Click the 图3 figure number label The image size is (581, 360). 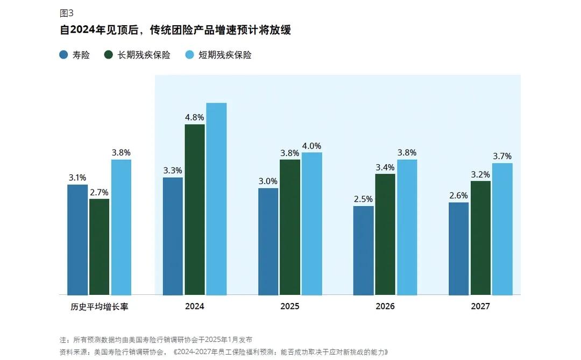[x=67, y=13]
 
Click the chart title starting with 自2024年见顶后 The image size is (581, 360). [x=175, y=30]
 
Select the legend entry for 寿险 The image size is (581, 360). [x=75, y=54]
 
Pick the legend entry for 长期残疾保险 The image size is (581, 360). [x=138, y=54]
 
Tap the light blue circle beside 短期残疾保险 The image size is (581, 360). [x=189, y=54]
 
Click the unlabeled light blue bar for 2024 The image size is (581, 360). [x=216, y=199]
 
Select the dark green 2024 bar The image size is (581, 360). [x=195, y=209]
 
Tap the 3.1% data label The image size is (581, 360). [x=77, y=178]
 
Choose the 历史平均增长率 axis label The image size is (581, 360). [x=99, y=307]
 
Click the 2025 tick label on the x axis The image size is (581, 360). [x=290, y=307]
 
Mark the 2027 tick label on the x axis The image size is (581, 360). [x=480, y=307]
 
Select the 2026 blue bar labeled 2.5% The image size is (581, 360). [x=363, y=250]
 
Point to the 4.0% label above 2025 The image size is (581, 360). [x=311, y=146]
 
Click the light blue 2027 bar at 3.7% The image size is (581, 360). [x=502, y=229]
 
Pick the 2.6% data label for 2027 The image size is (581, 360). [x=458, y=195]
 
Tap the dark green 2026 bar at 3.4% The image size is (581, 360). [x=385, y=234]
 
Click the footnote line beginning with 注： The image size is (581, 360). [x=155, y=340]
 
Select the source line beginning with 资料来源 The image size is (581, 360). [x=223, y=352]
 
